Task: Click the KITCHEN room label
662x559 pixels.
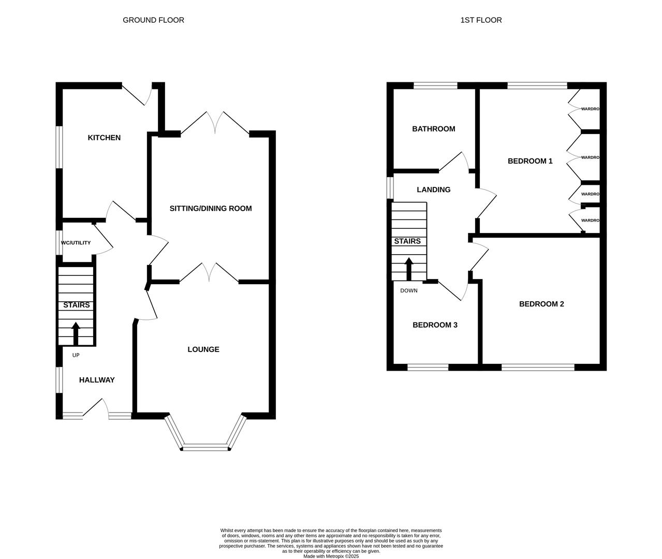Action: pyautogui.click(x=104, y=138)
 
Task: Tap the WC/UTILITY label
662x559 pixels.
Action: pyautogui.click(x=76, y=243)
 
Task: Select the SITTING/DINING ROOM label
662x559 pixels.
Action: pyautogui.click(x=211, y=209)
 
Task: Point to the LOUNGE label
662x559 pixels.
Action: pyautogui.click(x=203, y=349)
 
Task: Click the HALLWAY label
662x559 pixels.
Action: pyautogui.click(x=97, y=380)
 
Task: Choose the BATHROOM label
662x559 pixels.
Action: pyautogui.click(x=434, y=129)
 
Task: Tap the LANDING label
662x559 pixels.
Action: pyautogui.click(x=434, y=189)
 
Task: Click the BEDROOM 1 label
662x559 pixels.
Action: pyautogui.click(x=530, y=161)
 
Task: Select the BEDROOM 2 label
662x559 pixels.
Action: pyautogui.click(x=541, y=304)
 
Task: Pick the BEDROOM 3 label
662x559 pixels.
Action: pyautogui.click(x=435, y=325)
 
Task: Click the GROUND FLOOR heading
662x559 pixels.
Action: pyautogui.click(x=153, y=20)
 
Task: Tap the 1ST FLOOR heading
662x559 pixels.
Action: pyautogui.click(x=481, y=20)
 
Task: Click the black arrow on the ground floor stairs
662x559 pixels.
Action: pyautogui.click(x=76, y=334)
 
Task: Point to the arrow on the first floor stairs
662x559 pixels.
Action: pyautogui.click(x=409, y=269)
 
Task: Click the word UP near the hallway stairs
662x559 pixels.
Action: pyautogui.click(x=76, y=355)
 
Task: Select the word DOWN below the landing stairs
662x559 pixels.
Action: pyautogui.click(x=409, y=290)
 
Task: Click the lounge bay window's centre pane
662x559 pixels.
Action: pyautogui.click(x=205, y=447)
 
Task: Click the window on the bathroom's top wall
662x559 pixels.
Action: pyautogui.click(x=435, y=86)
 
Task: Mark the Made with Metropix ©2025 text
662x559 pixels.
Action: pyautogui.click(x=331, y=556)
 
